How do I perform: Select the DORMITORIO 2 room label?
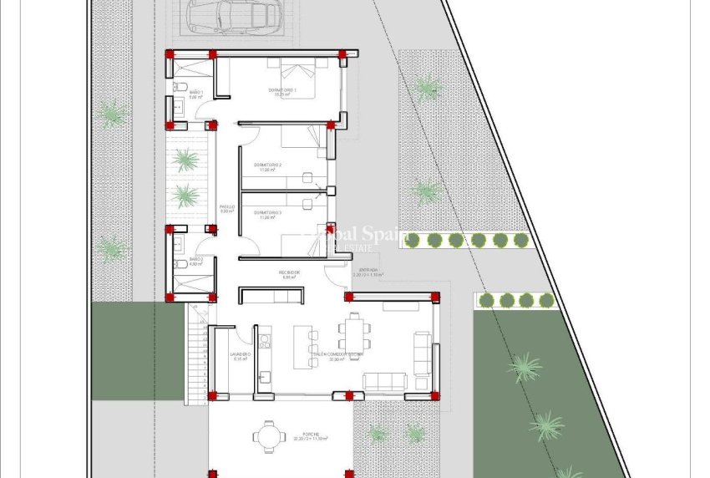point(267,166)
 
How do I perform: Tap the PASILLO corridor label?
point(226,209)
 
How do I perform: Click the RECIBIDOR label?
point(289,275)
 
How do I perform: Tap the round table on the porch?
point(269,435)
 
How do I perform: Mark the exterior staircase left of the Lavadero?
point(196,351)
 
